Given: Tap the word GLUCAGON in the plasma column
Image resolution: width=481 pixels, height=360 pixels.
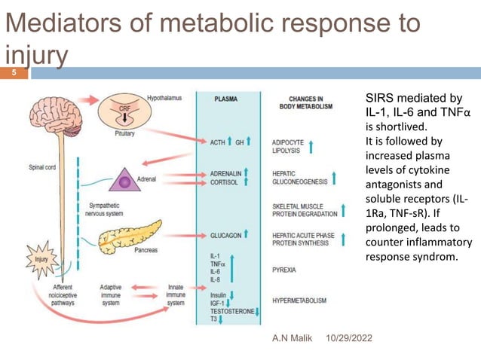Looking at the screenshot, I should [226, 235].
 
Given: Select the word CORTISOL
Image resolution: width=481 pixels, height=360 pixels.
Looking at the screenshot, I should [225, 182].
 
